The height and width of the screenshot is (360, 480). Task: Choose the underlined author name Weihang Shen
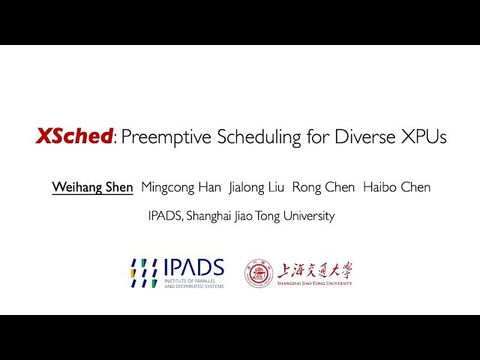92,187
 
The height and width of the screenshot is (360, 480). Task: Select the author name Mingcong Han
181,187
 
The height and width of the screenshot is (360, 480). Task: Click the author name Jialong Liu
256,187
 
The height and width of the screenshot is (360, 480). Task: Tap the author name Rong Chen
323,187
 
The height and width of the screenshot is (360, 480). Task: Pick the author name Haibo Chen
397,187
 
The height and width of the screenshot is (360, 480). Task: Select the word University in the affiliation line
307,216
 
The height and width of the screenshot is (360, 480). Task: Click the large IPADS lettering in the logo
193,267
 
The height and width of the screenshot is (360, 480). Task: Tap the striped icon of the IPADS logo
143,273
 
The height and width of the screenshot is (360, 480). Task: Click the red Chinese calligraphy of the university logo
315,270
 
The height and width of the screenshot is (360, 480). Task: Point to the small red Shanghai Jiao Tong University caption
315,283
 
